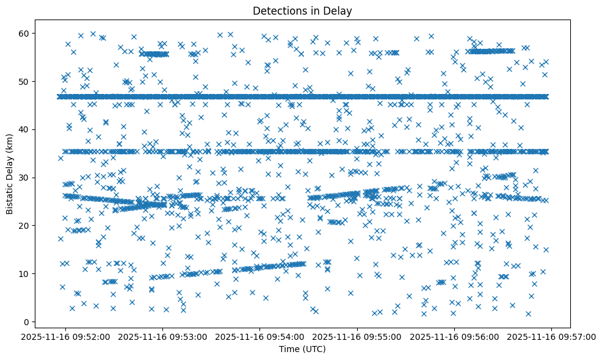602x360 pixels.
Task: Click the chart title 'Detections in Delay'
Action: tap(302, 10)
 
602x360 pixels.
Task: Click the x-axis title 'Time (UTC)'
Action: tap(302, 350)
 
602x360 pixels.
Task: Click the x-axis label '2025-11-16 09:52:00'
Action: tap(66, 336)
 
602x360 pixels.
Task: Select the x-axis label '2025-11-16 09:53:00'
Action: tap(163, 336)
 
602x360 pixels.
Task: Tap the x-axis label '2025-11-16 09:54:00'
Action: tap(260, 336)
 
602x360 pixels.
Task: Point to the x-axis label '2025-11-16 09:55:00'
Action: tap(357, 336)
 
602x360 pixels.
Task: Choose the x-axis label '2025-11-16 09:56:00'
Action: tap(454, 336)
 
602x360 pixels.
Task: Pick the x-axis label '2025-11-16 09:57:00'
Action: tap(551, 336)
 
